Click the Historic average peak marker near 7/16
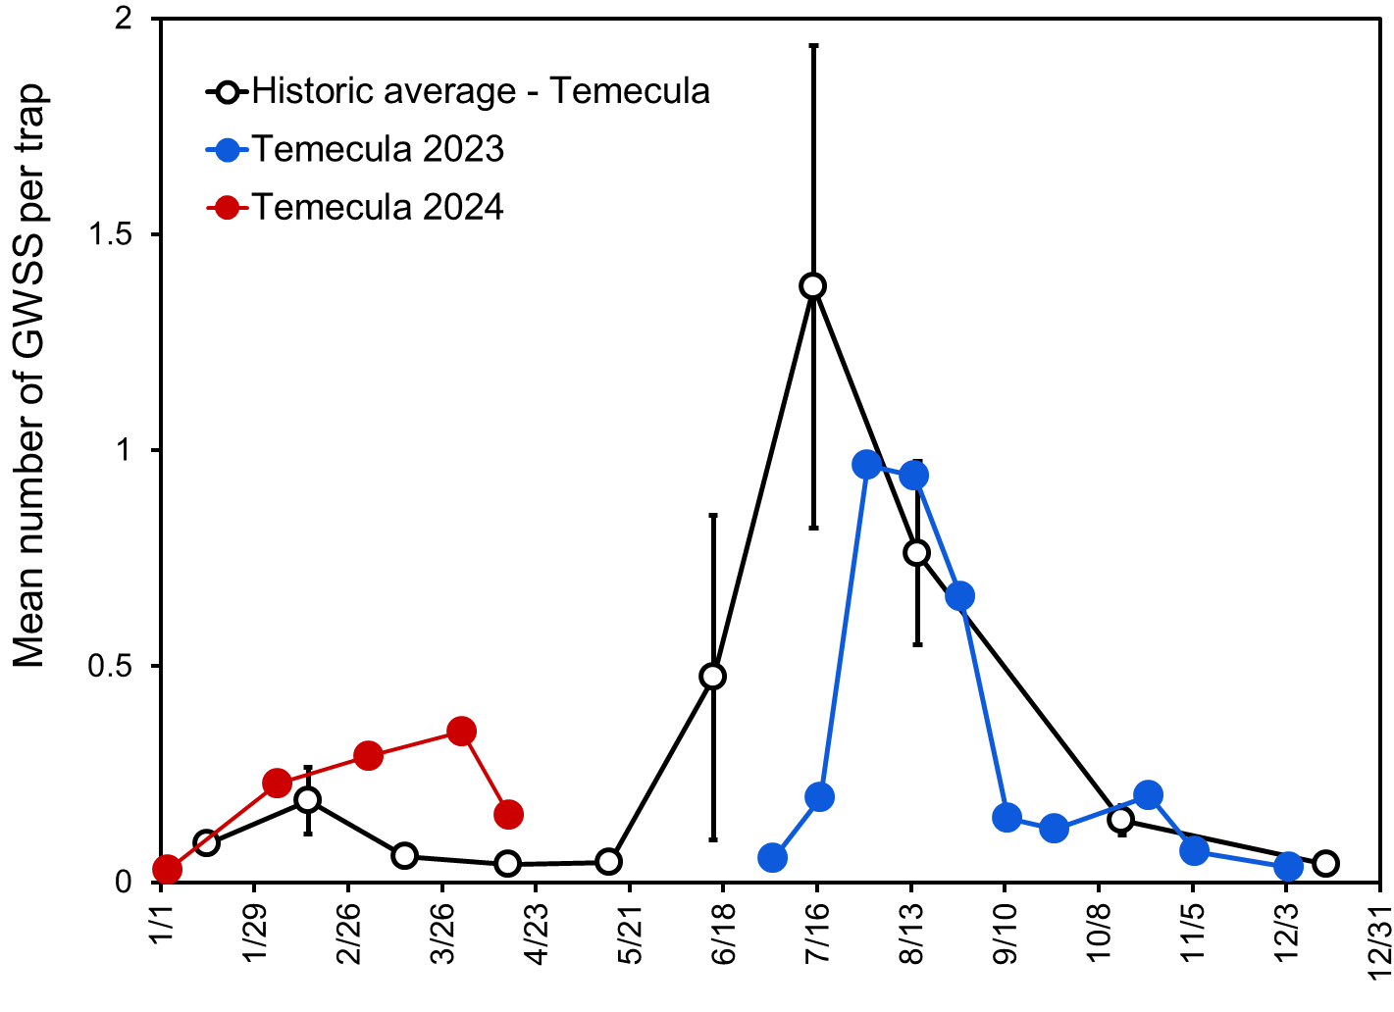(812, 286)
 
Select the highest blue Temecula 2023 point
(867, 465)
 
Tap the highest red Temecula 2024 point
(462, 732)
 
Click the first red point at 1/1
(167, 869)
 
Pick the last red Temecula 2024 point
(508, 814)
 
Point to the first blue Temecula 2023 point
(772, 858)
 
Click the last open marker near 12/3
(1325, 864)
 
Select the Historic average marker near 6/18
(713, 676)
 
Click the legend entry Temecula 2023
(378, 149)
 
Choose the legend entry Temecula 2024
(378, 208)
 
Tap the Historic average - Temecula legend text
(481, 91)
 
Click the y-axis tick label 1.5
(110, 235)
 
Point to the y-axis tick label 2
(124, 20)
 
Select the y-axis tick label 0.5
(110, 667)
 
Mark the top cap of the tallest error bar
(813, 45)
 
